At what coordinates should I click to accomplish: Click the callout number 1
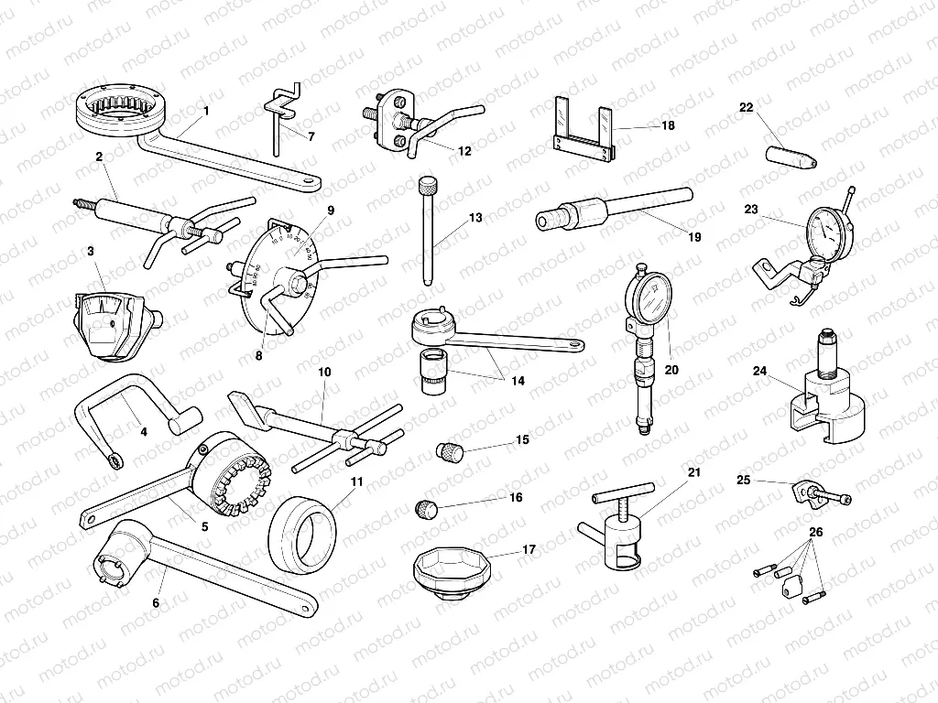pyautogui.click(x=206, y=111)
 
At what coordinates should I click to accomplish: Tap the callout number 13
pyautogui.click(x=474, y=218)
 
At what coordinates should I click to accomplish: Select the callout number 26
pyautogui.click(x=815, y=532)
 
